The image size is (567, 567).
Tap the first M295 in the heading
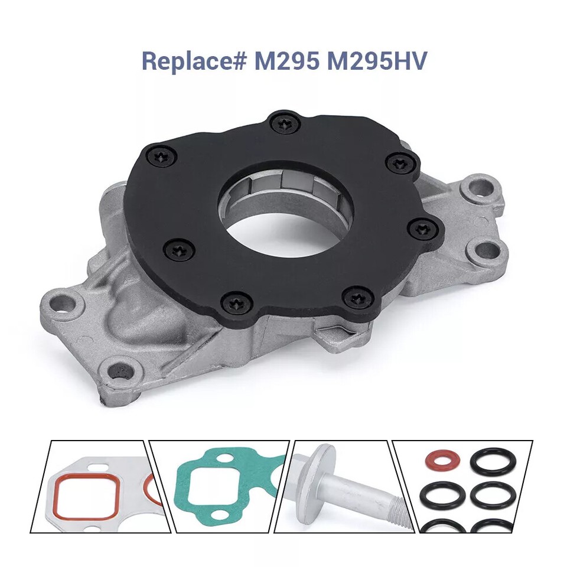pyautogui.click(x=286, y=61)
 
